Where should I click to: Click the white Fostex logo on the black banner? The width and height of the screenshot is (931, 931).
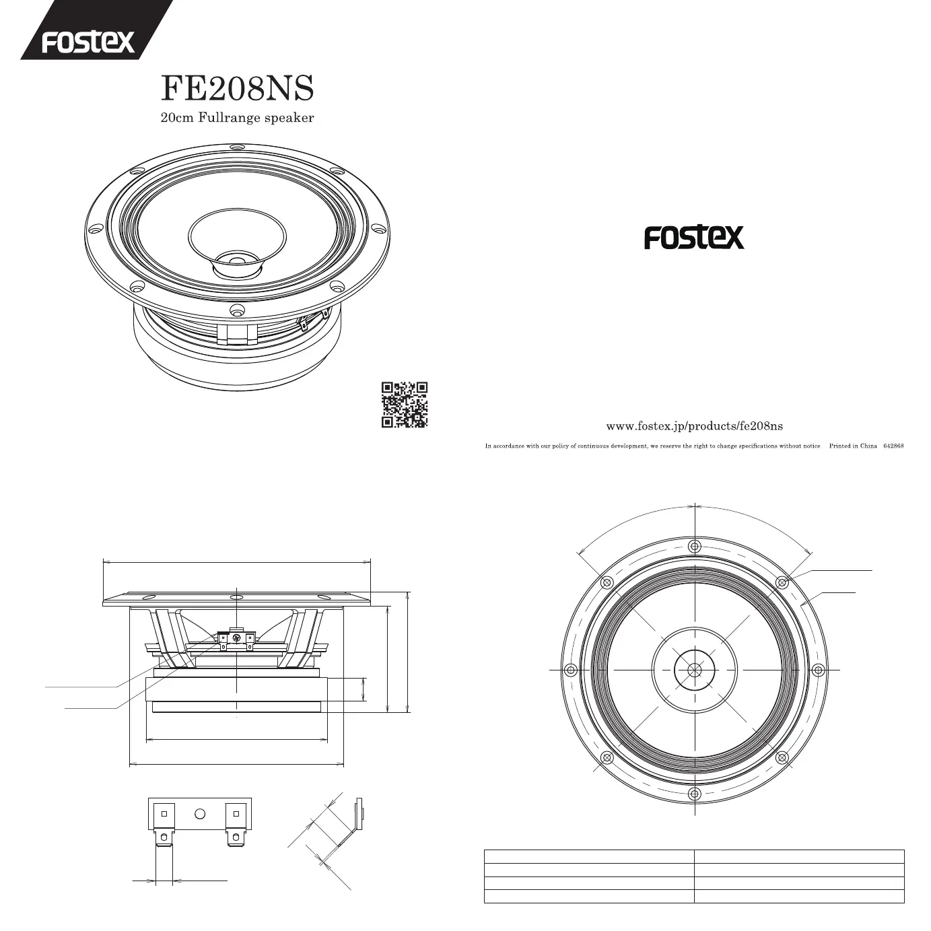[88, 42]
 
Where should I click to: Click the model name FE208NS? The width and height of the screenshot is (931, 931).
[237, 88]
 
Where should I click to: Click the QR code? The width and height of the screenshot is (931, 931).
[405, 405]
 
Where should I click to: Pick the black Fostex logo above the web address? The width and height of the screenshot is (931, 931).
[694, 237]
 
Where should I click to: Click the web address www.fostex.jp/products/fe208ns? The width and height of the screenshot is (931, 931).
[694, 426]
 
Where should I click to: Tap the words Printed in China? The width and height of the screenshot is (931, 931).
[853, 446]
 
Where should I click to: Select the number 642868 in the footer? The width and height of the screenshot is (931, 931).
[893, 446]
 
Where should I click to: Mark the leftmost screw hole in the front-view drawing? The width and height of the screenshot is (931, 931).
[571, 670]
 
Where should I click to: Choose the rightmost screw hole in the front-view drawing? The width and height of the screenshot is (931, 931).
[818, 670]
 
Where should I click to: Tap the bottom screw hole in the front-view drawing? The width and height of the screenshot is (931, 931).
[695, 794]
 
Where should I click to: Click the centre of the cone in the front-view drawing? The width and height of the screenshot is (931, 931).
[695, 670]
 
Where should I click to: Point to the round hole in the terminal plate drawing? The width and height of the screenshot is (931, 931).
[199, 813]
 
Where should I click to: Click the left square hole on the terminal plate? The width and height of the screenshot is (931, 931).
[164, 813]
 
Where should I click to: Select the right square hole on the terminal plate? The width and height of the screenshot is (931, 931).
[236, 813]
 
